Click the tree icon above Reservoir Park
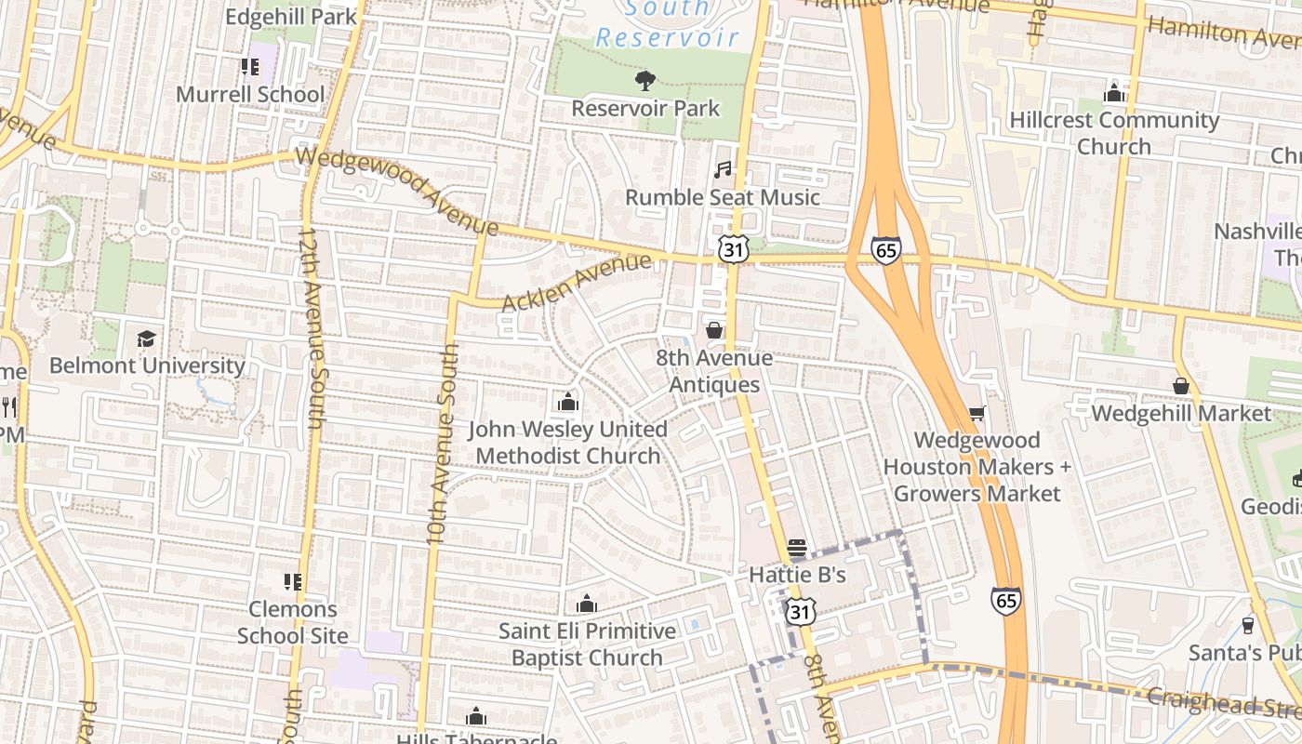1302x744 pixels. click(644, 81)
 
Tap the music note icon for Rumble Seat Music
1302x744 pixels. click(723, 169)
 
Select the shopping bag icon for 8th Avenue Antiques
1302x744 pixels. click(714, 330)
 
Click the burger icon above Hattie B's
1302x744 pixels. click(797, 548)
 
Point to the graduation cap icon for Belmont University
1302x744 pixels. click(146, 339)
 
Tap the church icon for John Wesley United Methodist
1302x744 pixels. click(567, 402)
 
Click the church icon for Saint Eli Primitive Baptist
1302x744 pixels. click(586, 604)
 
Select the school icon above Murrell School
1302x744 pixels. click(249, 67)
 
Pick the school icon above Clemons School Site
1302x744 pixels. click(293, 582)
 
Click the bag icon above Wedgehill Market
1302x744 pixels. click(1181, 385)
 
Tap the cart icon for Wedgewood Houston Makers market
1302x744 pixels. click(976, 413)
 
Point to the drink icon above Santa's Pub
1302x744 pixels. click(1248, 625)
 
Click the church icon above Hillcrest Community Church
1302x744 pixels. click(1113, 93)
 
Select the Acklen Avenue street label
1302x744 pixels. click(577, 284)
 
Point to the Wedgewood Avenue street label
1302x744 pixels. click(398, 191)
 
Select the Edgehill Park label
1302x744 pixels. click(291, 17)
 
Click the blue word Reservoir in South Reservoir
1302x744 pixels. click(667, 38)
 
